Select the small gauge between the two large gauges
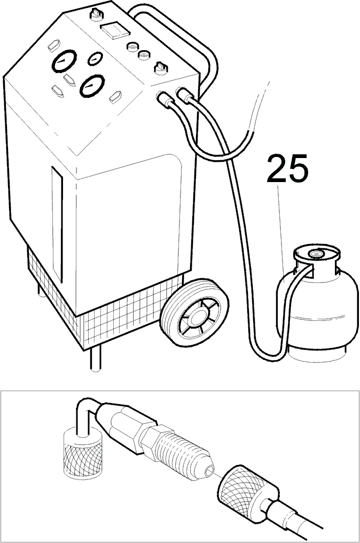point(95,59)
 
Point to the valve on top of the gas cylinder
point(315,254)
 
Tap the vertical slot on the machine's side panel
point(57,224)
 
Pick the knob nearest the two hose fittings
point(160,67)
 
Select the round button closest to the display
point(132,46)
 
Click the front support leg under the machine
point(95,358)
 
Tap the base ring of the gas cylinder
point(318,354)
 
